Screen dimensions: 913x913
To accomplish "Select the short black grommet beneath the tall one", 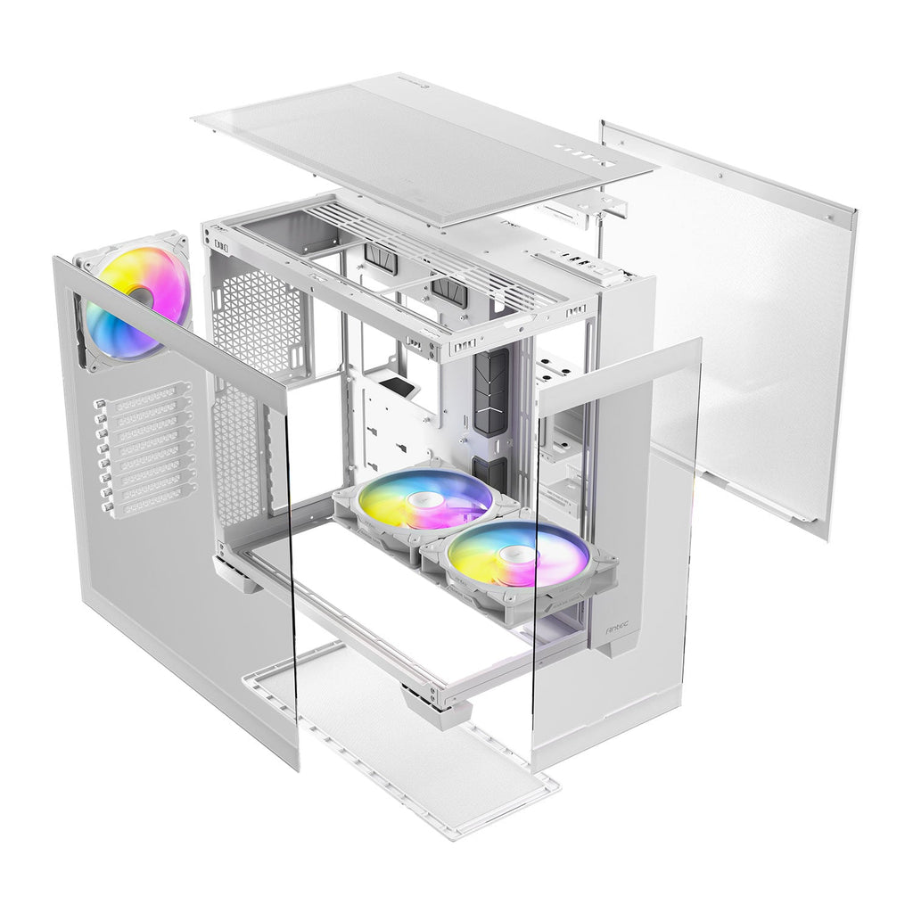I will coord(491,473).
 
